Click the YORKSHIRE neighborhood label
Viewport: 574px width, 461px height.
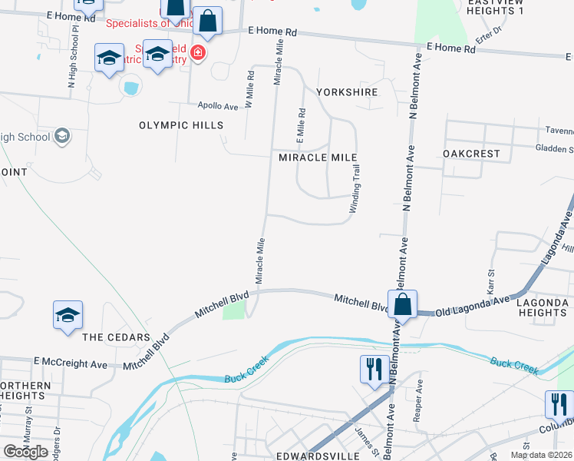click(x=347, y=92)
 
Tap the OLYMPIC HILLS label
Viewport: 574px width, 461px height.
click(x=181, y=125)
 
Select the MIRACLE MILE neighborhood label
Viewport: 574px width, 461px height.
click(x=318, y=158)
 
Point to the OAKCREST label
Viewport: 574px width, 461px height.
click(x=472, y=154)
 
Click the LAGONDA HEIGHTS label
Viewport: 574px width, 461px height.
click(x=542, y=307)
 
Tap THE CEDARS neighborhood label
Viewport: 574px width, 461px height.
click(x=116, y=338)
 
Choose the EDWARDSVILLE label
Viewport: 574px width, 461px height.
click(x=309, y=454)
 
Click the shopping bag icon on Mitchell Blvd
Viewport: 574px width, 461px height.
click(x=402, y=303)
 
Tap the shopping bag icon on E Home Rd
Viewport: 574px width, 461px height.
click(x=207, y=21)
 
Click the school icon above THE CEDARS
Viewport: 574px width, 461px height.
click(x=68, y=315)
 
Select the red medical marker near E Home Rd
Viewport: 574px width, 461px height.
click(x=198, y=53)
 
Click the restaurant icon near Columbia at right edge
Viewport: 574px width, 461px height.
click(x=559, y=404)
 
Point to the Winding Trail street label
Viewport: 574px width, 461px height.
click(x=355, y=193)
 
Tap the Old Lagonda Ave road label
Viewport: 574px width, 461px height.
click(x=472, y=307)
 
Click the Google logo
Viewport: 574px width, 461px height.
click(x=25, y=452)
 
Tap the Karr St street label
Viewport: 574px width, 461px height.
click(x=490, y=282)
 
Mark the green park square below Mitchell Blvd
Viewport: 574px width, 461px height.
click(x=234, y=310)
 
